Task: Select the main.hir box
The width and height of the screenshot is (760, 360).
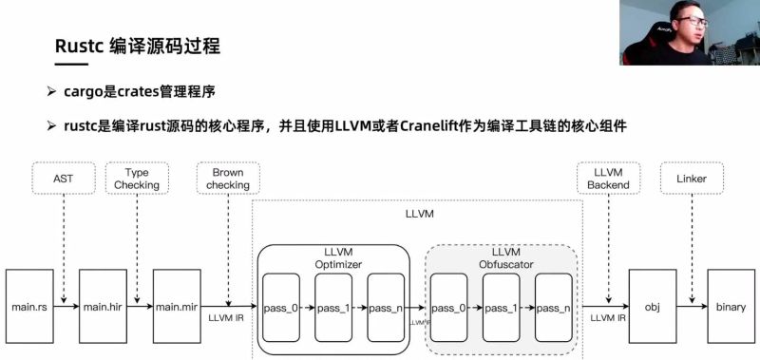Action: click(104, 307)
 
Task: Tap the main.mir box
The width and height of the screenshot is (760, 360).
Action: click(177, 307)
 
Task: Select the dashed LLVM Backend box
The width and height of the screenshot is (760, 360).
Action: click(606, 179)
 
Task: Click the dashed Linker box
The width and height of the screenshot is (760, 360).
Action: click(692, 178)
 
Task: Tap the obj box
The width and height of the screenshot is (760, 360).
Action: click(652, 307)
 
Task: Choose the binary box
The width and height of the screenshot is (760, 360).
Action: click(731, 307)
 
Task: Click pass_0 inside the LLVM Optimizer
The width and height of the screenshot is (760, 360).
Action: click(280, 308)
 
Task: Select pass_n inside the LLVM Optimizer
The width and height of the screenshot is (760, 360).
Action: click(386, 308)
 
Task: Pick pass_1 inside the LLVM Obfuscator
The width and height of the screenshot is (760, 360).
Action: click(500, 308)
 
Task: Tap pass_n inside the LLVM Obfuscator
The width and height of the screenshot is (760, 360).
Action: click(553, 308)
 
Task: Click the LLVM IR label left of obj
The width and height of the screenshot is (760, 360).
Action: click(607, 317)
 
